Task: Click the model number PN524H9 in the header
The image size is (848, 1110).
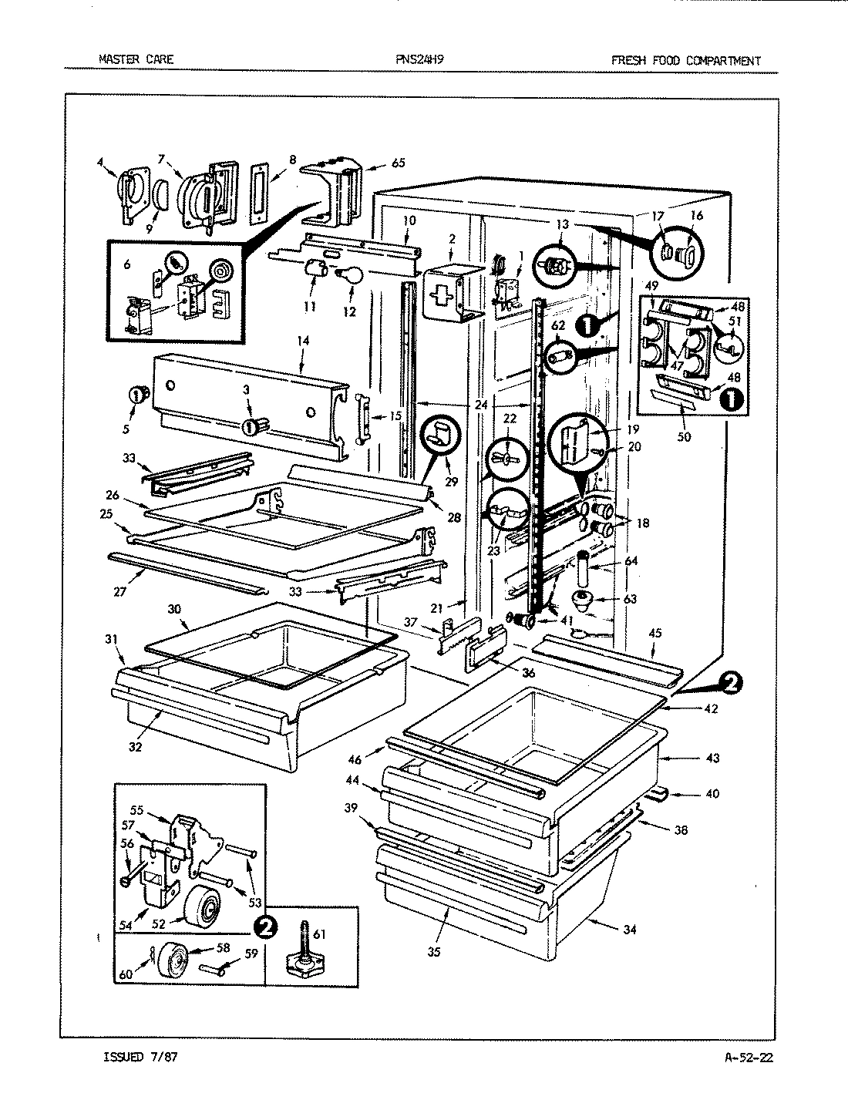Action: [x=423, y=60]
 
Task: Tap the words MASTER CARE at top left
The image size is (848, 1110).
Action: [x=136, y=59]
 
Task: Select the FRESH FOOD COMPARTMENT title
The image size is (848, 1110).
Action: [x=685, y=60]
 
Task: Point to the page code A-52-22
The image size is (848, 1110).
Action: [x=743, y=1057]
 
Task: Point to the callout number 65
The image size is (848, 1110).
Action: [x=398, y=163]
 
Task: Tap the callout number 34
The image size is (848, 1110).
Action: [x=630, y=929]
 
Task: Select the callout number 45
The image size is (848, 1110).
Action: [x=655, y=633]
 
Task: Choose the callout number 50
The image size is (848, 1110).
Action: [x=683, y=437]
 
